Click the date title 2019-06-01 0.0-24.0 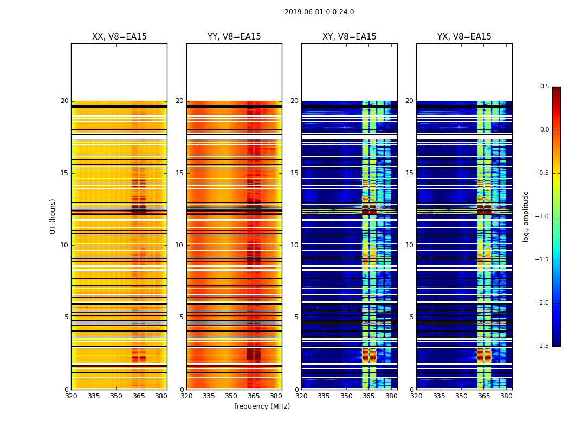click(x=319, y=12)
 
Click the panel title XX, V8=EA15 click(x=119, y=37)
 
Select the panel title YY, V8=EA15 click(x=234, y=37)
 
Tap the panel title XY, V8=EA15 click(x=349, y=37)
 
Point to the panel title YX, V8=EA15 click(x=464, y=37)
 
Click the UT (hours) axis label click(x=53, y=216)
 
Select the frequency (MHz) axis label click(x=262, y=406)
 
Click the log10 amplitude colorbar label click(x=526, y=216)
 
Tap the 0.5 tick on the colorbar click(x=544, y=87)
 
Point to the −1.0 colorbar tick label click(x=542, y=216)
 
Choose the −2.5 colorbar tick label click(x=542, y=346)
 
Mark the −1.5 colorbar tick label click(x=542, y=260)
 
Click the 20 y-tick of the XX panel click(x=64, y=101)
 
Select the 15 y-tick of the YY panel click(x=179, y=173)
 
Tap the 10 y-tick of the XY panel click(x=294, y=245)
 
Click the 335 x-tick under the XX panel click(x=94, y=396)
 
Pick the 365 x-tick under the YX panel click(x=484, y=396)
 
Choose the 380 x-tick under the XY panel click(x=391, y=396)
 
